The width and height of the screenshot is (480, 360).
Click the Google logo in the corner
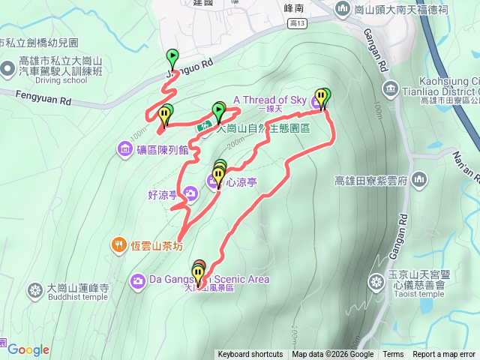(28, 349)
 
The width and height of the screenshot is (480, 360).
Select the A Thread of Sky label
(271, 100)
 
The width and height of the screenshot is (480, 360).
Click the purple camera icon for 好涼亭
(190, 195)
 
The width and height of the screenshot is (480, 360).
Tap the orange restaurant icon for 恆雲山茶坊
(118, 244)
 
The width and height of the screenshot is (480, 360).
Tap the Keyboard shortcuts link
(250, 355)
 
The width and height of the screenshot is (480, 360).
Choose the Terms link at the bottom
(393, 355)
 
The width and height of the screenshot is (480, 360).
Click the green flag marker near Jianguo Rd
(172, 55)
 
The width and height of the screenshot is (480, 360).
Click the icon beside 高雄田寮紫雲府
(418, 180)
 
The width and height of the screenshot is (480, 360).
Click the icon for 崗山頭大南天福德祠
(343, 9)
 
